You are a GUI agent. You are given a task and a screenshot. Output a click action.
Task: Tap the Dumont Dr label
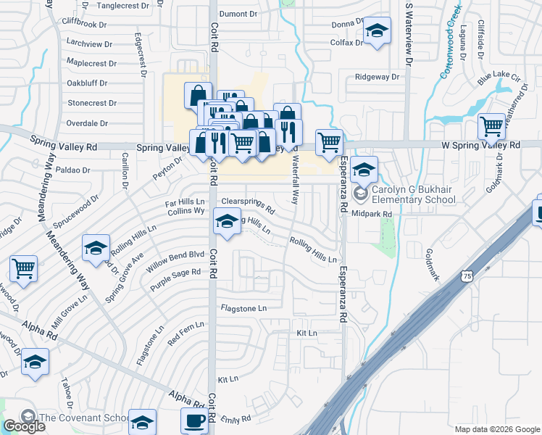coord(238,14)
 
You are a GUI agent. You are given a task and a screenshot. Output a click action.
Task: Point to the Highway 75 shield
coord(467,277)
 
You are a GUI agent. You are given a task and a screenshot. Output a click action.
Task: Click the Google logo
coord(24,426)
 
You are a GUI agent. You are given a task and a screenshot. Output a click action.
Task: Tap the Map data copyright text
coord(497,428)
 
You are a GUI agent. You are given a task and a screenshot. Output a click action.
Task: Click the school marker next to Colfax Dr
coord(377,31)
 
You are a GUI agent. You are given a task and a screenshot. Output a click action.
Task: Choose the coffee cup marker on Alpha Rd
coord(194,420)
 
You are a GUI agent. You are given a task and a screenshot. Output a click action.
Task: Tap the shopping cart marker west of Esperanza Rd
coord(329,142)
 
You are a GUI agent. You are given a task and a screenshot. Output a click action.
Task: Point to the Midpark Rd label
coord(372,214)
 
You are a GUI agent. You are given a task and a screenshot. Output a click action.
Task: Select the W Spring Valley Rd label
coord(481,145)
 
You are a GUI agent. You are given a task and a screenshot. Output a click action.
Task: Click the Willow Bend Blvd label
coord(178,255)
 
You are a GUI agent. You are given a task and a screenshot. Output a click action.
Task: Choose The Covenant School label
coord(83,417)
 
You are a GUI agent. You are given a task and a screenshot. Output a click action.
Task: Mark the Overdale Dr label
coord(87,123)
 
